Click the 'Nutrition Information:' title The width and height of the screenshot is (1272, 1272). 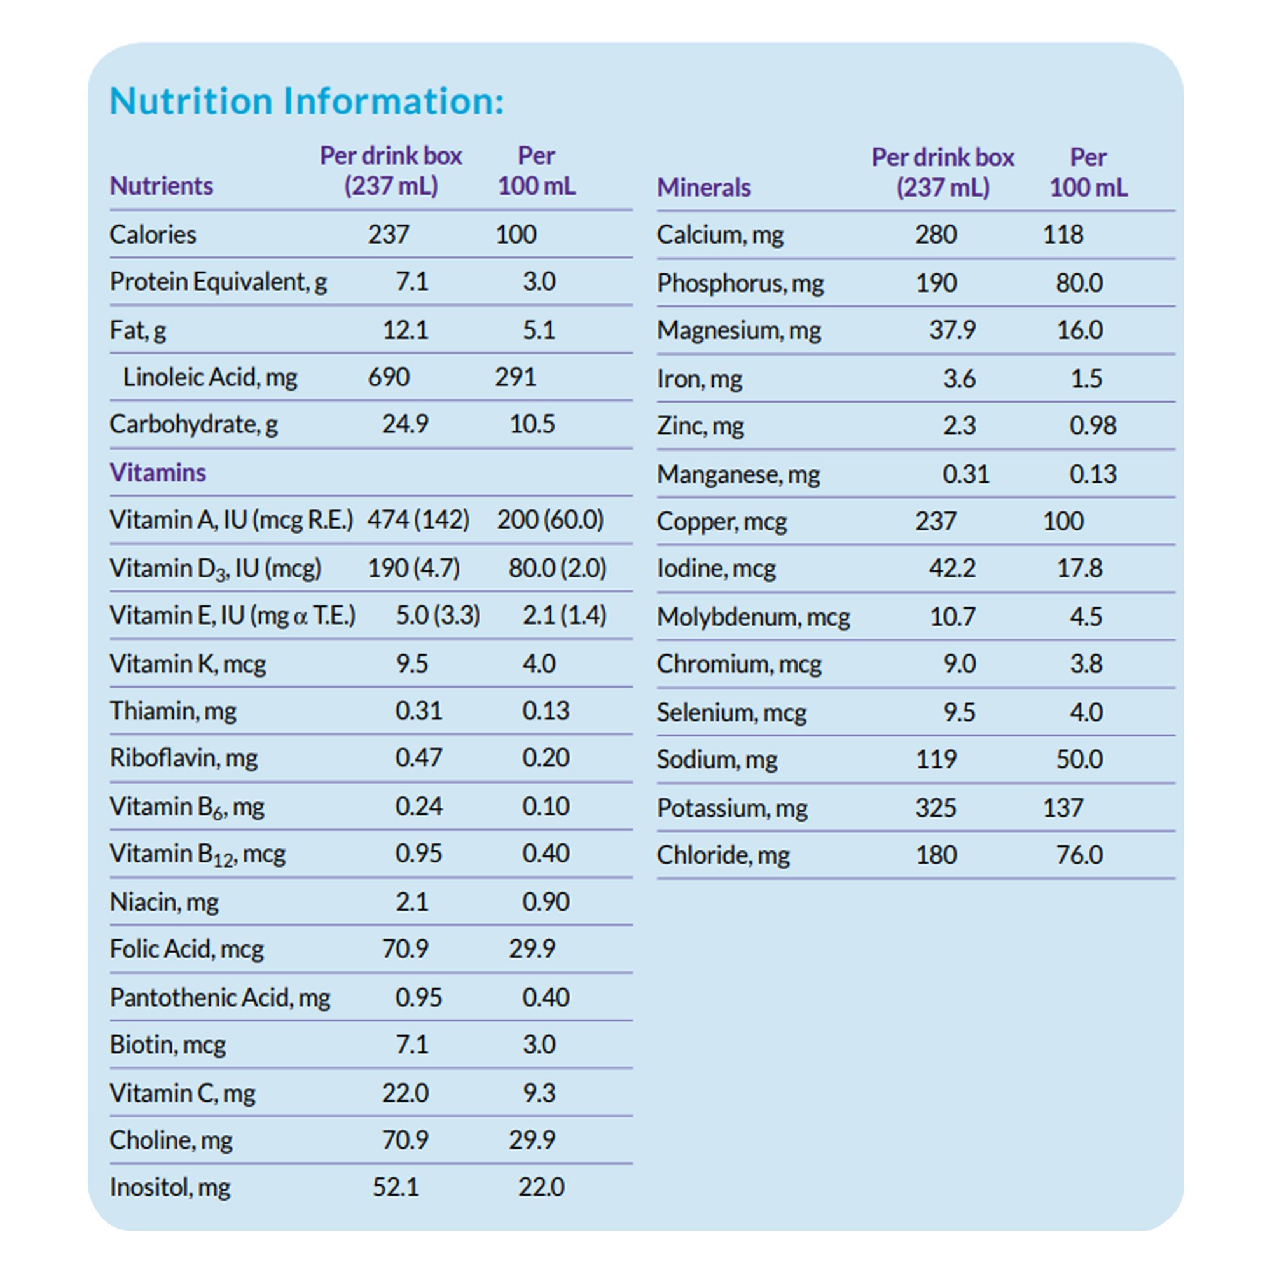point(306,101)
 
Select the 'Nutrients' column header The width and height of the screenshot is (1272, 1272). point(162,186)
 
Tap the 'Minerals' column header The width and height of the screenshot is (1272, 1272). point(704,188)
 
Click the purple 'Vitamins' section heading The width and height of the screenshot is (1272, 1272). point(157,472)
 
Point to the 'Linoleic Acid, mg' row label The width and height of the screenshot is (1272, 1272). point(210,377)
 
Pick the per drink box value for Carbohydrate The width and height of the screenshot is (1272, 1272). point(405,424)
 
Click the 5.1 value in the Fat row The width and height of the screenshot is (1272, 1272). point(539,330)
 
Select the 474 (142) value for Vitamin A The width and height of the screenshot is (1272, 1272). point(418,520)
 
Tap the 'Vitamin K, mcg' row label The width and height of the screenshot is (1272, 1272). point(188,663)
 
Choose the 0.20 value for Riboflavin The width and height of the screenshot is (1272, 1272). point(545,758)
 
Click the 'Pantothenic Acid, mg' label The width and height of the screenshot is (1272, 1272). point(220,997)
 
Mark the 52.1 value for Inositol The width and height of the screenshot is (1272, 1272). point(395,1187)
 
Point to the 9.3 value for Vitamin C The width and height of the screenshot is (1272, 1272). point(539,1093)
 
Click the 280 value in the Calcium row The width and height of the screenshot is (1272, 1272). point(936,235)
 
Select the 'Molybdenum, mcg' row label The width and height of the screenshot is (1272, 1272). point(753,617)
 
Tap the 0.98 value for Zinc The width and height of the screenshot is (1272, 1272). point(1092,425)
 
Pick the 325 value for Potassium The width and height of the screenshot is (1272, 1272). point(936,808)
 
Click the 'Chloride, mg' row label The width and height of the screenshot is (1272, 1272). point(723,855)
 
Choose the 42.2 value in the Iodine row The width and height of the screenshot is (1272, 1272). point(952,568)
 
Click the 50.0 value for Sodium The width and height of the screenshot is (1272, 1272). point(1079,759)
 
